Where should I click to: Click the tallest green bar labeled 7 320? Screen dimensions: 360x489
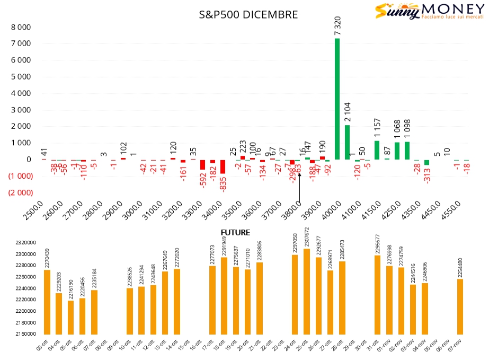point(337,99)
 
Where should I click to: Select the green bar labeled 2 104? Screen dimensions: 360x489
point(348,142)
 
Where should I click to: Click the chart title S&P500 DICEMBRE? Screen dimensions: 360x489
point(248,15)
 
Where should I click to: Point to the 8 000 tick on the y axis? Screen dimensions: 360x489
point(21,28)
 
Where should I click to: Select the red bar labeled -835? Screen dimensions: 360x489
point(223,166)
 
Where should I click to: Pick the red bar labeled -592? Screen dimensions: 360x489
point(202,164)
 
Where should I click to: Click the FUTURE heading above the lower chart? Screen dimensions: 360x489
point(235,232)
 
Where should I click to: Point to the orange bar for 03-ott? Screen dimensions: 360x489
point(47,302)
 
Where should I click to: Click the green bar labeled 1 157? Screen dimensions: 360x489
point(377,150)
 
